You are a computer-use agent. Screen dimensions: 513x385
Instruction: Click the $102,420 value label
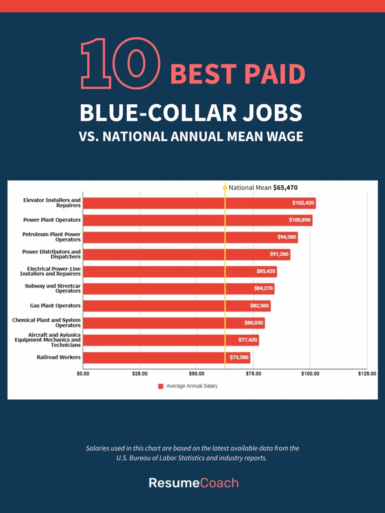click(x=303, y=203)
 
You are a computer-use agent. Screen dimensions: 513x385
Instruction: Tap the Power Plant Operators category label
click(x=52, y=220)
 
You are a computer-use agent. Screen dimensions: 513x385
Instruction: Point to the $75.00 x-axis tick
click(x=253, y=374)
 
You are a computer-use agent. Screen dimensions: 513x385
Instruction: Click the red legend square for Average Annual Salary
click(x=161, y=386)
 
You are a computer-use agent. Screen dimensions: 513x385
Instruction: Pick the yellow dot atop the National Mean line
click(x=225, y=188)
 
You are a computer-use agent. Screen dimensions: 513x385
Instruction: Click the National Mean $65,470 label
click(x=263, y=188)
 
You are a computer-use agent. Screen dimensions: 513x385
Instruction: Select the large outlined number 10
click(x=120, y=64)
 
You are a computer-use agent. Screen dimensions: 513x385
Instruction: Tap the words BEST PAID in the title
click(x=238, y=74)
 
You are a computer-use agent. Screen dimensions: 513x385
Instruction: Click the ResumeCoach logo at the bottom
click(x=194, y=483)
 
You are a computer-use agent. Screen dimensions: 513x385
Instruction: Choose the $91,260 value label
click(x=279, y=254)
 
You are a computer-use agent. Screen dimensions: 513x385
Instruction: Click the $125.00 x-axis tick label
click(x=367, y=374)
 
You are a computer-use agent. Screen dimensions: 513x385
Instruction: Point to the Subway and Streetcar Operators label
click(x=53, y=288)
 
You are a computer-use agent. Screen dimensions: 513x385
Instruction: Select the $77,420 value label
click(x=248, y=340)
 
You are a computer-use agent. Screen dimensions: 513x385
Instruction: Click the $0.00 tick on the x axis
click(x=83, y=374)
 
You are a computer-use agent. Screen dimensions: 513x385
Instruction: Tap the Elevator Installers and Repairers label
click(x=52, y=203)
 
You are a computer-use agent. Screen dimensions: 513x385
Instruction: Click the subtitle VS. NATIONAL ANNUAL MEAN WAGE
click(x=191, y=136)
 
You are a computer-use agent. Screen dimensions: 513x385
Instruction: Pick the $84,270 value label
click(x=263, y=288)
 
